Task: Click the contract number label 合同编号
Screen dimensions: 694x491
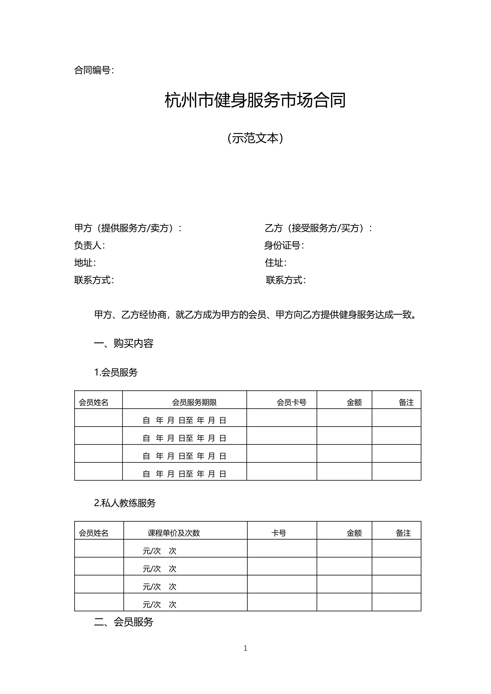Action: tap(94, 70)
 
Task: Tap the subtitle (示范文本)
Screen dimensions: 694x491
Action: tap(255, 138)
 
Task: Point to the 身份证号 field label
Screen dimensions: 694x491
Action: tap(284, 245)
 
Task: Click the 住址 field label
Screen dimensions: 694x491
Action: tap(275, 262)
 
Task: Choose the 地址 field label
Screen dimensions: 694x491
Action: tap(85, 262)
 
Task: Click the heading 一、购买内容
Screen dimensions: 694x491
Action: tap(124, 343)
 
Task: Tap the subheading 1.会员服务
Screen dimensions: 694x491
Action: tap(116, 372)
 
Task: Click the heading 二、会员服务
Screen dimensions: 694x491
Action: tap(124, 622)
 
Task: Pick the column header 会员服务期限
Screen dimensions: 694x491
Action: tap(194, 402)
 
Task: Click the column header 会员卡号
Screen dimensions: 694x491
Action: tap(292, 402)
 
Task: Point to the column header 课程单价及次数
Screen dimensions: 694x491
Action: tap(174, 533)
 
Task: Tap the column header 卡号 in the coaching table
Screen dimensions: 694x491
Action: tap(278, 533)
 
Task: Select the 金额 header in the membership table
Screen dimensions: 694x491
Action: tap(354, 402)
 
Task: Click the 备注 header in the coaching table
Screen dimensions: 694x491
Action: tap(403, 533)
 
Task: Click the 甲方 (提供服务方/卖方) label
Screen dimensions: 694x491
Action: tap(128, 228)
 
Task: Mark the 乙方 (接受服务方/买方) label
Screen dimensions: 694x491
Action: tap(318, 228)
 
